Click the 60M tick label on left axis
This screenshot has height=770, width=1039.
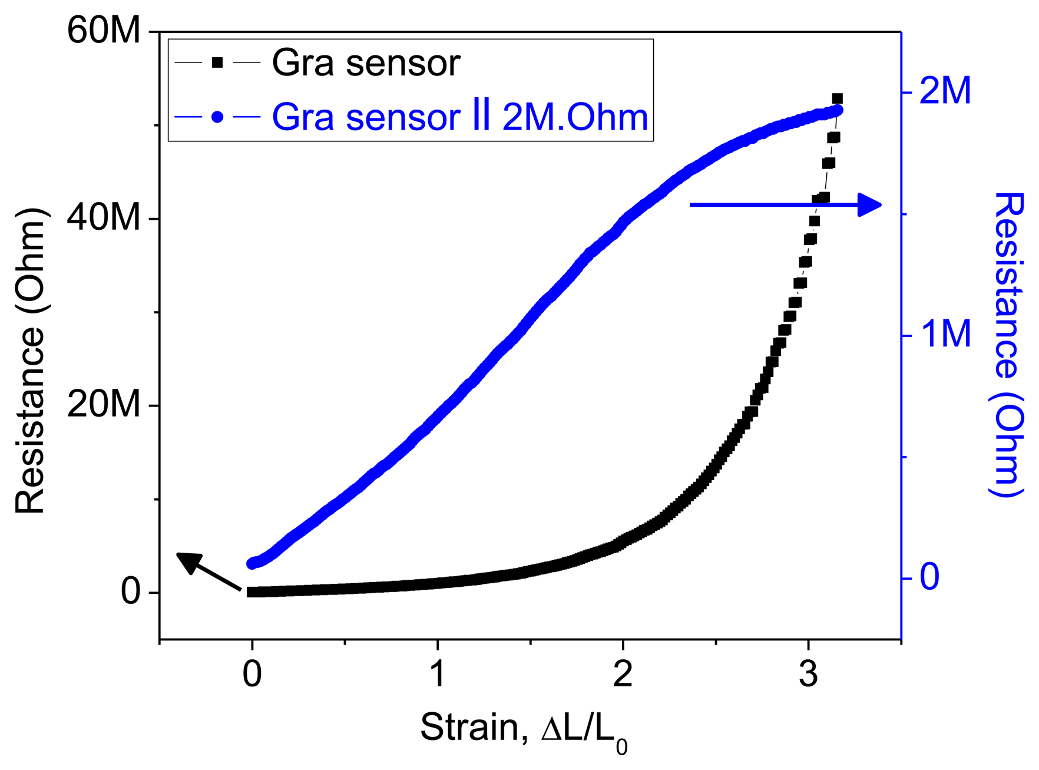click(x=104, y=31)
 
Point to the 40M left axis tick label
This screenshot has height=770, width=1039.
click(x=104, y=218)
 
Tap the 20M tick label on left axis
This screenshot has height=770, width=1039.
click(x=104, y=405)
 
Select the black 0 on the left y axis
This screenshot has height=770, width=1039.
click(x=131, y=591)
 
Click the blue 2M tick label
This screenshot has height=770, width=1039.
click(x=945, y=92)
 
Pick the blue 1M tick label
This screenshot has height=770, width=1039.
click(x=945, y=335)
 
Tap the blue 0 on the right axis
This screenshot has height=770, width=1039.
click(x=929, y=577)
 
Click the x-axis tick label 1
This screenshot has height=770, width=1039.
click(x=437, y=674)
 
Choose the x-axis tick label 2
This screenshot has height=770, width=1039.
click(x=623, y=674)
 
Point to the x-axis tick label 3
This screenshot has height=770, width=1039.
click(x=808, y=674)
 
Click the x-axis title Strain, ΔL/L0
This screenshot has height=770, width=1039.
click(x=524, y=729)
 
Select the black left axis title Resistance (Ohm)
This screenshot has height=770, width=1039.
click(x=31, y=361)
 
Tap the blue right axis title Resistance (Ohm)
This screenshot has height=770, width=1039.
click(x=1008, y=344)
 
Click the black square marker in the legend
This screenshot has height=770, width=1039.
click(x=217, y=62)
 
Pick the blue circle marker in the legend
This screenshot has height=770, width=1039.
click(x=217, y=117)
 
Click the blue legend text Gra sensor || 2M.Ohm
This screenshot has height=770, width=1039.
click(x=459, y=117)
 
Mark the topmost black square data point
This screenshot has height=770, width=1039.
click(x=837, y=98)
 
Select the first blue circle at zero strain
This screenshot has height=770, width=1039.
click(x=252, y=564)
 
